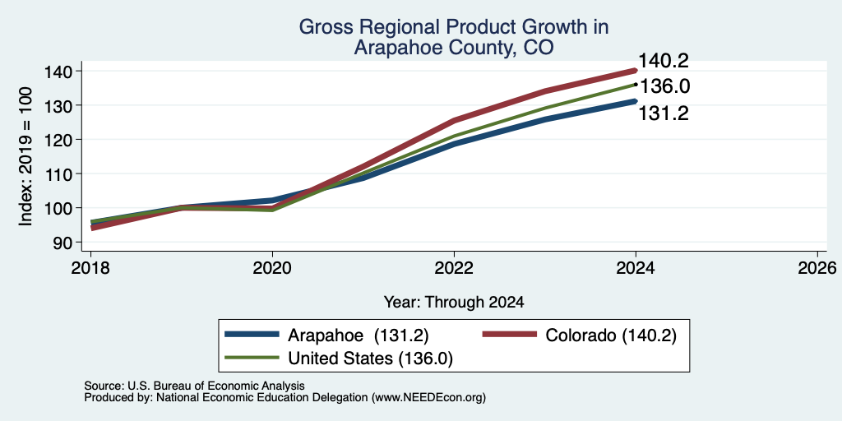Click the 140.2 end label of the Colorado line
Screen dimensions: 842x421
(x=664, y=61)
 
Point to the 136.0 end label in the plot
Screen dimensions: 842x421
(x=664, y=86)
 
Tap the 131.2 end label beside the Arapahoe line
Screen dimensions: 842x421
(x=664, y=113)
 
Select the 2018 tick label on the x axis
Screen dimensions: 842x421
(x=90, y=268)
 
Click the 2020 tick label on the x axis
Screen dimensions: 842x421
(x=272, y=268)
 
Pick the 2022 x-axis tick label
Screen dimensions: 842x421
(x=454, y=268)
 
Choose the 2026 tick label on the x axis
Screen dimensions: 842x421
(x=817, y=268)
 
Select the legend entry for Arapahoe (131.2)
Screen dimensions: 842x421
(x=326, y=335)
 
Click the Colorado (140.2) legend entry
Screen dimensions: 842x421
(x=579, y=335)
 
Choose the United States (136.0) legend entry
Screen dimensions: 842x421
(x=339, y=358)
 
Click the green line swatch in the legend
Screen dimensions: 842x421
(x=252, y=358)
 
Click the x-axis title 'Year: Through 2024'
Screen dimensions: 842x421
(x=454, y=303)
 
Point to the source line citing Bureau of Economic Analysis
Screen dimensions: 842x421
(x=194, y=386)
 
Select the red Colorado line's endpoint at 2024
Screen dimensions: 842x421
(x=636, y=71)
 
